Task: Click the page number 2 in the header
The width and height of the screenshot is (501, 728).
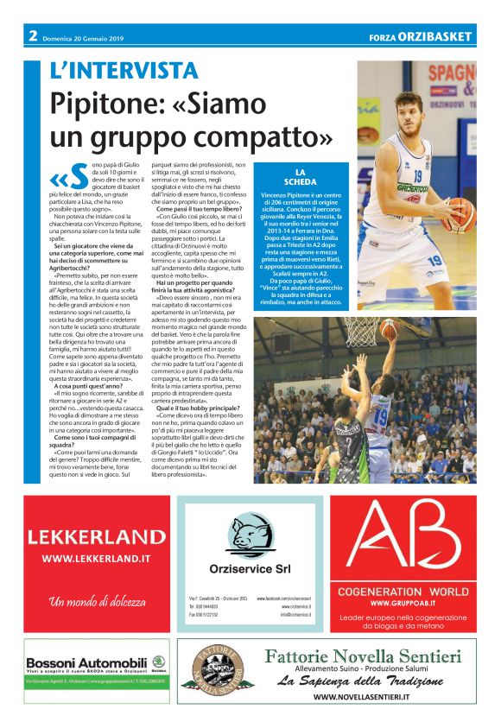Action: coord(33,36)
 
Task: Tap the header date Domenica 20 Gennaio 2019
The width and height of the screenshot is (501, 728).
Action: coord(85,36)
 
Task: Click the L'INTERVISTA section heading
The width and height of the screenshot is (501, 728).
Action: coord(124,71)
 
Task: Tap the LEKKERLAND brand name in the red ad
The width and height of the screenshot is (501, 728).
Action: coord(97,537)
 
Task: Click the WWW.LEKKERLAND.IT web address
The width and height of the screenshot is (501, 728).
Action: coord(97,560)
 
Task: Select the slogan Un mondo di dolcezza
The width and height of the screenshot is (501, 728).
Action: coord(96,601)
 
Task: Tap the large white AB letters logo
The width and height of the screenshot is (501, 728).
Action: coord(414,535)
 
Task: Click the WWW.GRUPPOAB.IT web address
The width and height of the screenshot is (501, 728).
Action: coord(414,602)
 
